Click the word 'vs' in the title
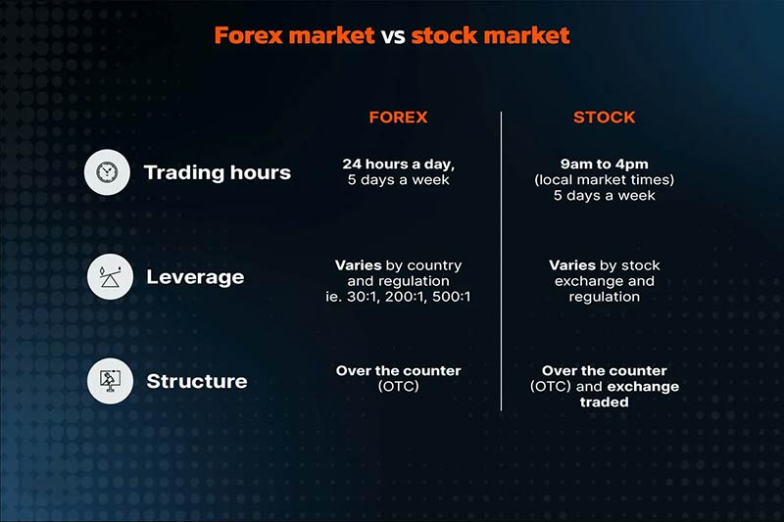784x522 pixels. coord(393,36)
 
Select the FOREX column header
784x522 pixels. coord(398,118)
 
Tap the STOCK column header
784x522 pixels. coord(604,118)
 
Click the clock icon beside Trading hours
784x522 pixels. coord(106,172)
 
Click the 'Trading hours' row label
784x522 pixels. coord(217,173)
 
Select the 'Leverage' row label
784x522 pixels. coord(195,277)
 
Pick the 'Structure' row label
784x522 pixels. coord(197,381)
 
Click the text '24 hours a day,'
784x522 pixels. coord(398,164)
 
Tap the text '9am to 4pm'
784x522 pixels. coord(604,164)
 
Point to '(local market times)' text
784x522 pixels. coord(604,179)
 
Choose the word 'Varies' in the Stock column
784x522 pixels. coord(571,265)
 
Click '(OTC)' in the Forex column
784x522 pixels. coord(398,387)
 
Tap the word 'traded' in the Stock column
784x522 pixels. coord(604,403)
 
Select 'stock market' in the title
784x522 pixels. coord(490,36)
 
